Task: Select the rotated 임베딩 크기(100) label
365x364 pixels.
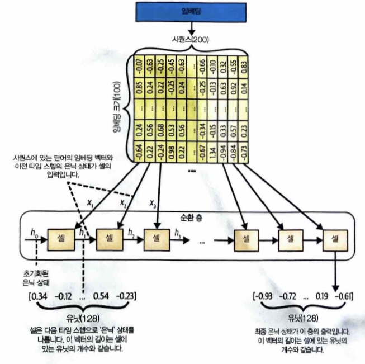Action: tap(118, 106)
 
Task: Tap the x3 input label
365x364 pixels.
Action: tap(151, 203)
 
